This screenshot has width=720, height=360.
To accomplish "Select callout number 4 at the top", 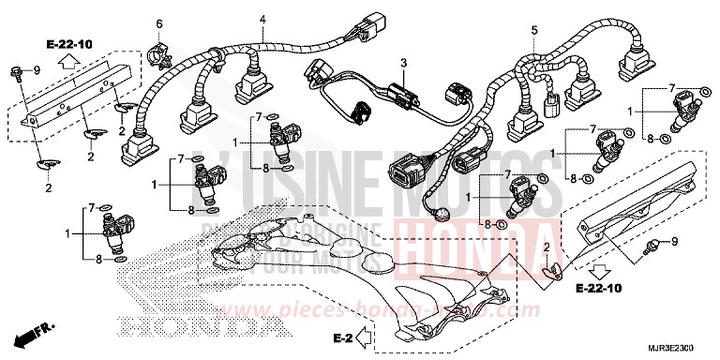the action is point(263,19).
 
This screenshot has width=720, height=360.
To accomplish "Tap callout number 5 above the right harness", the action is point(534,30).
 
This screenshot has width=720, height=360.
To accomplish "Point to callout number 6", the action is point(158,23).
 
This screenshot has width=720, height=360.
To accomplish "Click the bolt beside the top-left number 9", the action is point(15,70).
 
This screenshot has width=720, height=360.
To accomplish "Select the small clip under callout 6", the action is point(157,49).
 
